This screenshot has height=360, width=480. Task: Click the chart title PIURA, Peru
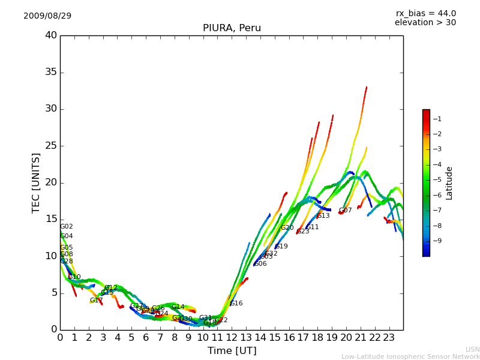pos(232,28)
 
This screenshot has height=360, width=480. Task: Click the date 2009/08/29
pos(47,16)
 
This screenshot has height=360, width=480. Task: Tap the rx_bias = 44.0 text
pos(425,13)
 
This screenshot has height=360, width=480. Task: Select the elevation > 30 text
pos(425,23)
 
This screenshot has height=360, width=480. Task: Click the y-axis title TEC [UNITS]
pos(36,182)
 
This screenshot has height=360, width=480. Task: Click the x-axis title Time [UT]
pos(232,351)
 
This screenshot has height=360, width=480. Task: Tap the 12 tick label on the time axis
pos(232,337)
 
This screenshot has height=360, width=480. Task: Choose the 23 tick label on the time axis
pos(389,337)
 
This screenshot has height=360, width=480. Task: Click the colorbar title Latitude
pos(449,183)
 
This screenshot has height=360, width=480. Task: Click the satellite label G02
pos(67,227)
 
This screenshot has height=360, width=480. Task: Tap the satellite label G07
pos(346,211)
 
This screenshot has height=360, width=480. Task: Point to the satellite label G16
pos(236,304)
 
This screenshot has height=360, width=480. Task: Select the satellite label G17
pos(97,301)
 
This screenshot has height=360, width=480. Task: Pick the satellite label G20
pos(287,228)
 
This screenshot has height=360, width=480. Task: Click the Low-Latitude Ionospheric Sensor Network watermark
pos(410,357)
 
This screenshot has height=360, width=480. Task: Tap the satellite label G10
pos(74,277)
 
